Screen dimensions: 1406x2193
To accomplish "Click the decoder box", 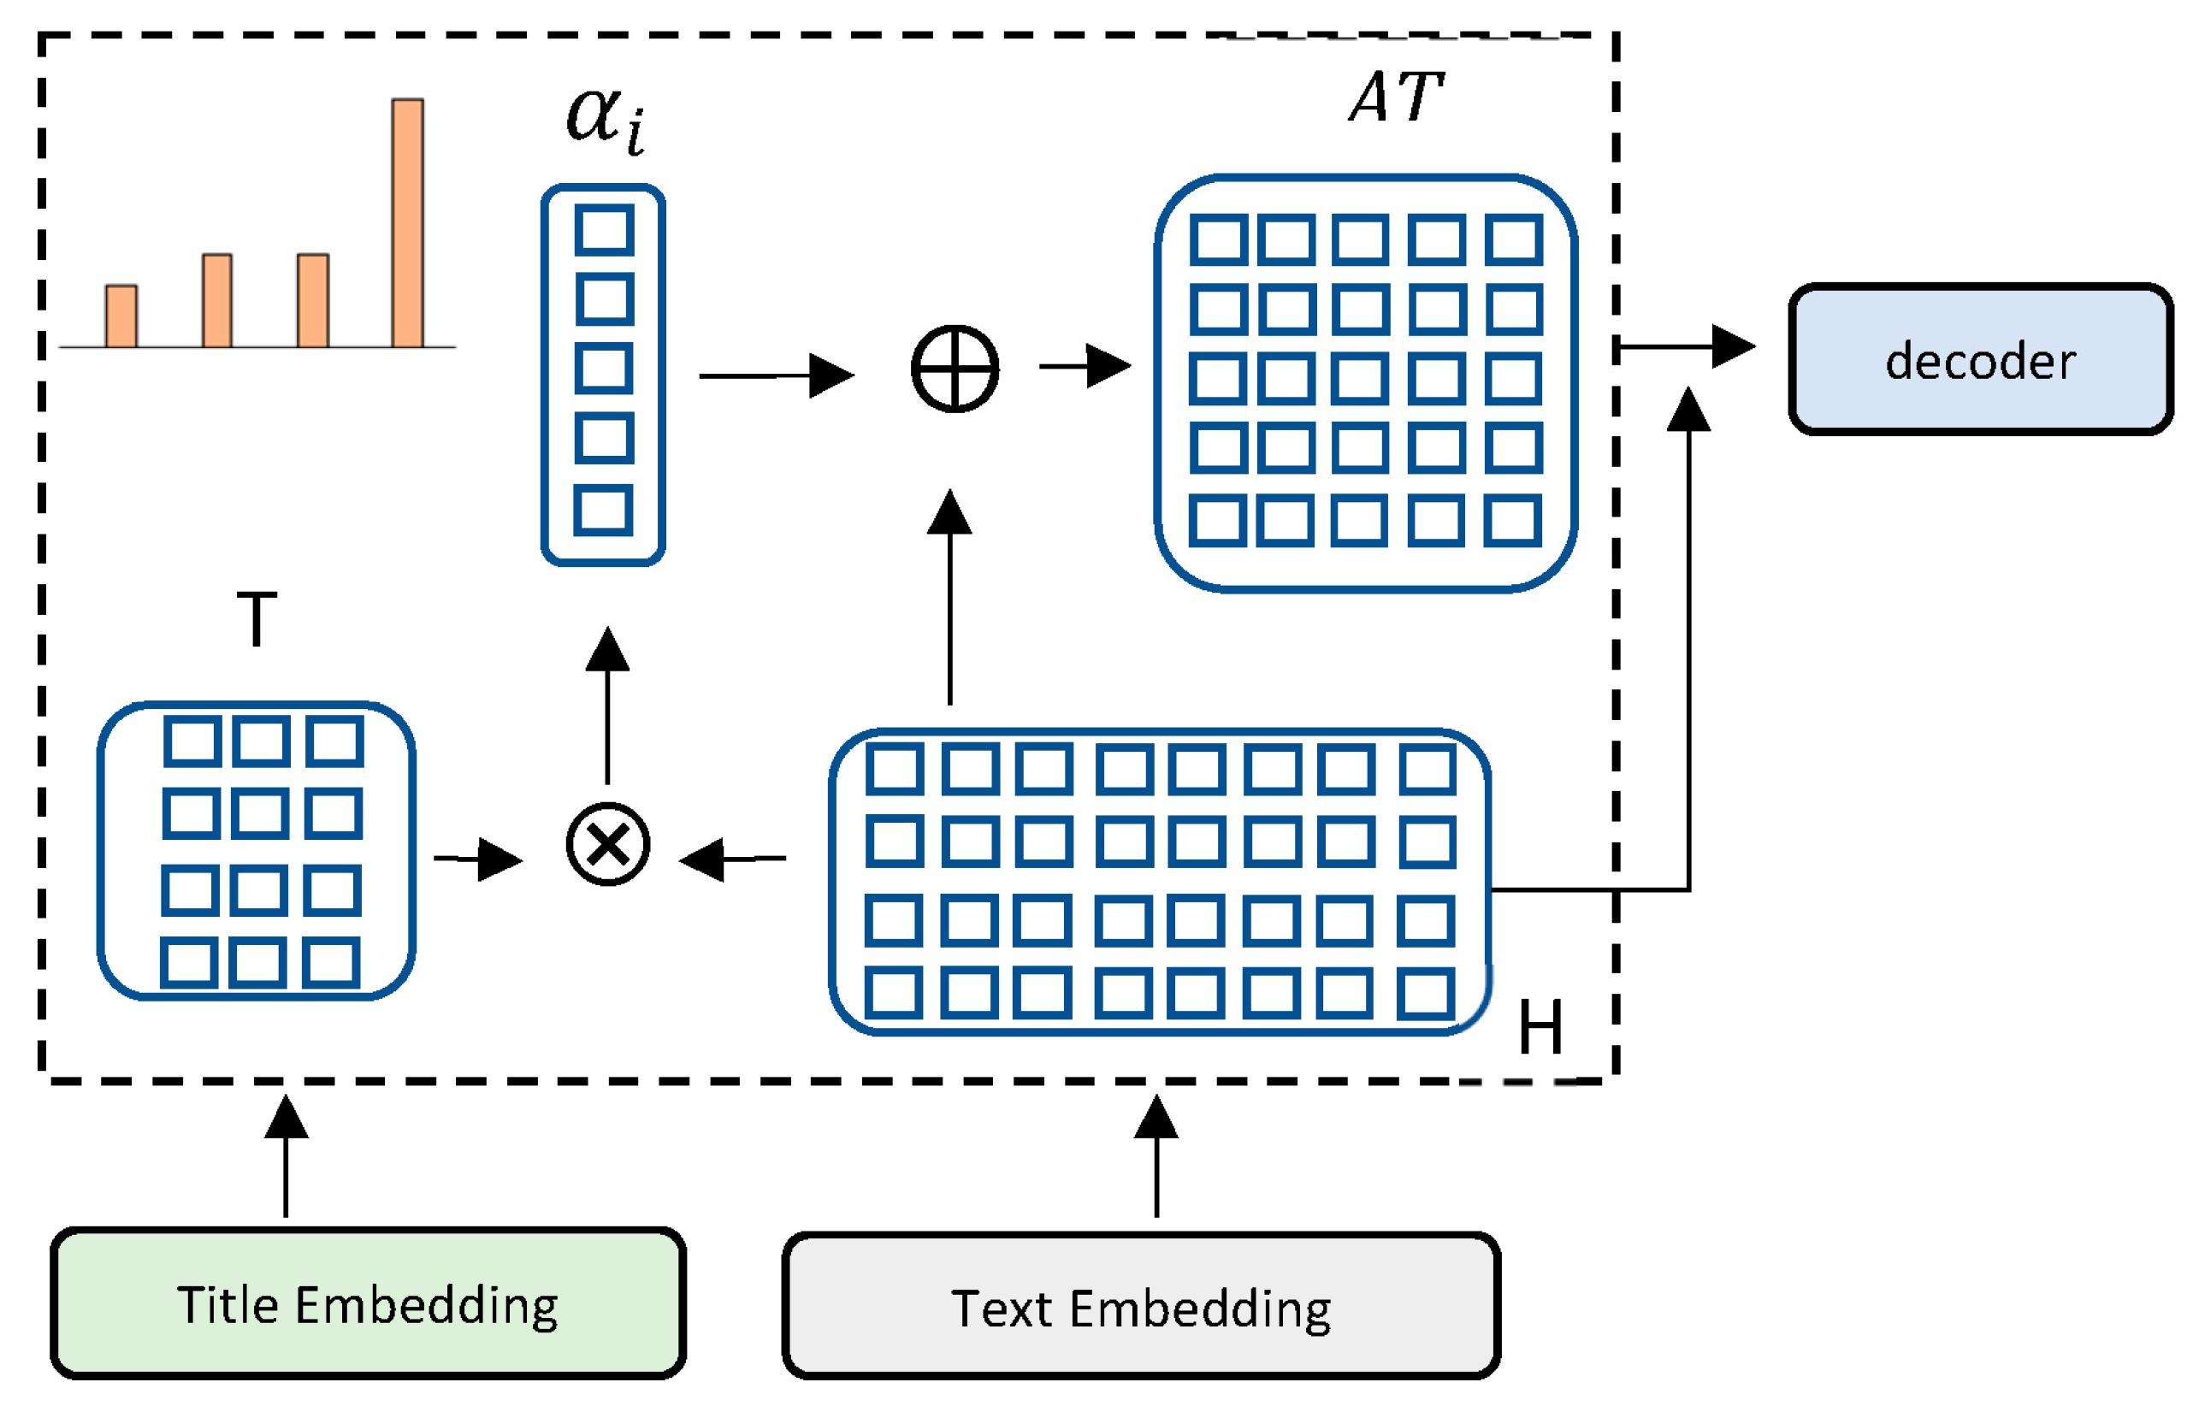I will (1979, 359).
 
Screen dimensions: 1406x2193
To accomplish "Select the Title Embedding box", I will (367, 1303).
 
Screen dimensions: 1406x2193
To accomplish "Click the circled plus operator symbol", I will (954, 369).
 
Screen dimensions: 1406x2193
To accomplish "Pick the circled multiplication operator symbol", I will (607, 844).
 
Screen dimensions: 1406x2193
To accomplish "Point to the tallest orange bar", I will (407, 224).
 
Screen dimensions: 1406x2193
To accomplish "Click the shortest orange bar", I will (121, 316).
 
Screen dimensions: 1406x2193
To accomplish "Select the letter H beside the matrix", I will (1540, 1027).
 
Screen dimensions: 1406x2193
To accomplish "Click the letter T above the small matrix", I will (257, 619).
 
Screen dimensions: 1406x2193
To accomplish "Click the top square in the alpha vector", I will (604, 229).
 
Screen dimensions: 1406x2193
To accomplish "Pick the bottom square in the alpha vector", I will (603, 510).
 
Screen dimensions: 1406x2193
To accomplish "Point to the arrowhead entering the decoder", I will (1732, 346).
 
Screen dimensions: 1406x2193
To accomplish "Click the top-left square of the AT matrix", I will (1218, 239).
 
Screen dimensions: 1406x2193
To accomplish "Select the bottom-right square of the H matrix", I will (1424, 993).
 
